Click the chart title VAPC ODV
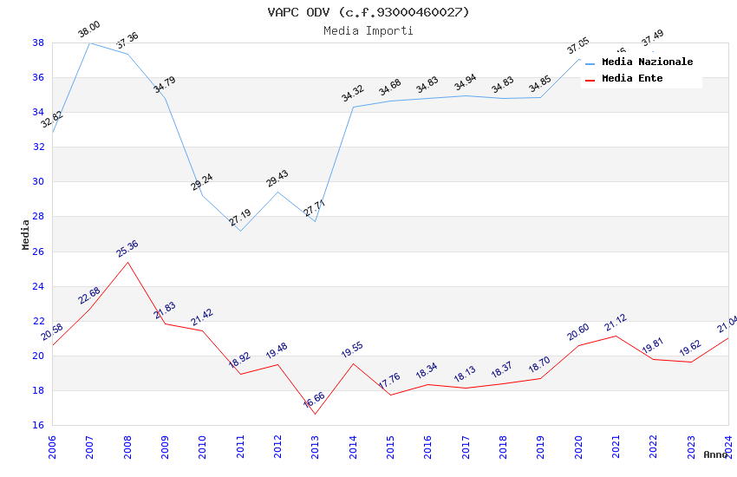pos(368,12)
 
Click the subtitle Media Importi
pos(368,30)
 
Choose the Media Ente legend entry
pos(632,78)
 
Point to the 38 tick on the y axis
pos(38,42)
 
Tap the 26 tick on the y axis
pos(38,252)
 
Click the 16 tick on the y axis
pos(38,426)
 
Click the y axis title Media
pos(25,234)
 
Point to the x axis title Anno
pos(715,454)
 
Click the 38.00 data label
pos(88,29)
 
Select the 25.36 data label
pos(127,249)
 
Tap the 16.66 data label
pos(314,400)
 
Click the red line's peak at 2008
pos(127,262)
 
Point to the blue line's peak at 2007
pos(89,42)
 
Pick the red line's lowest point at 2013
pos(315,414)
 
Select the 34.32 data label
pos(352,94)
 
